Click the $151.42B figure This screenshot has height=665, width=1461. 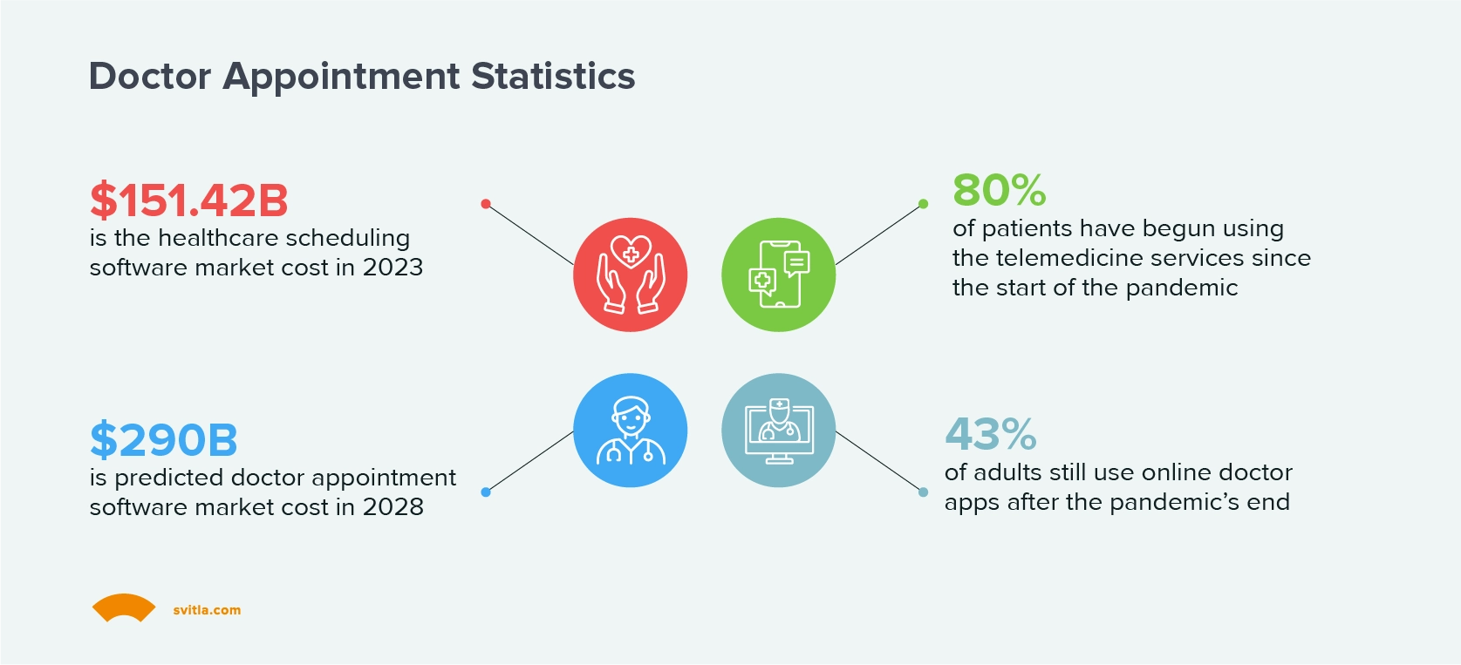(x=188, y=200)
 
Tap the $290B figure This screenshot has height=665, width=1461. (x=163, y=440)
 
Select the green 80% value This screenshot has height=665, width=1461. (x=999, y=190)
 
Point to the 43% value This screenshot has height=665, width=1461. (x=990, y=434)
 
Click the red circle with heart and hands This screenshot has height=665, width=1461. (x=630, y=275)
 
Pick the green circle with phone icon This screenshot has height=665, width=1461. (x=778, y=275)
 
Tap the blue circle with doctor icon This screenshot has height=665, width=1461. (x=630, y=431)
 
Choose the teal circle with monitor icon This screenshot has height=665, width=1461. (x=778, y=431)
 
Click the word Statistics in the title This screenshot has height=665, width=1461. (x=553, y=77)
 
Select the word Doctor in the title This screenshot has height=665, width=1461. (x=150, y=77)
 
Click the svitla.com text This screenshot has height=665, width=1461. (x=207, y=610)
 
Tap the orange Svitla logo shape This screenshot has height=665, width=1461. (x=124, y=607)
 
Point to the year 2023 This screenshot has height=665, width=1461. (x=393, y=268)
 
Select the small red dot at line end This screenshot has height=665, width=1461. (x=486, y=204)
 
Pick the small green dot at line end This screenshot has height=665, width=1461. (x=923, y=204)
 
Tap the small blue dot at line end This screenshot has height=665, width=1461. (x=486, y=492)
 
